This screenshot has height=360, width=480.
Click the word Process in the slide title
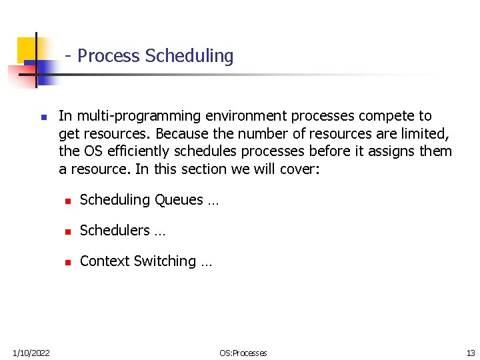click(x=109, y=56)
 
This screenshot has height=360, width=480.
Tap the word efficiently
click(x=138, y=151)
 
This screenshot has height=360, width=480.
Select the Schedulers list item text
click(x=115, y=231)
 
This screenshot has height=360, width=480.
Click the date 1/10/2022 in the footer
click(x=30, y=353)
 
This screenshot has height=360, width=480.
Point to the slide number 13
click(x=471, y=353)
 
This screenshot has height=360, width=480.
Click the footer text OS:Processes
click(x=243, y=353)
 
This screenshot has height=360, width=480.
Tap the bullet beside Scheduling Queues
click(x=67, y=201)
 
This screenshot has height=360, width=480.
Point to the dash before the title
click(x=69, y=56)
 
